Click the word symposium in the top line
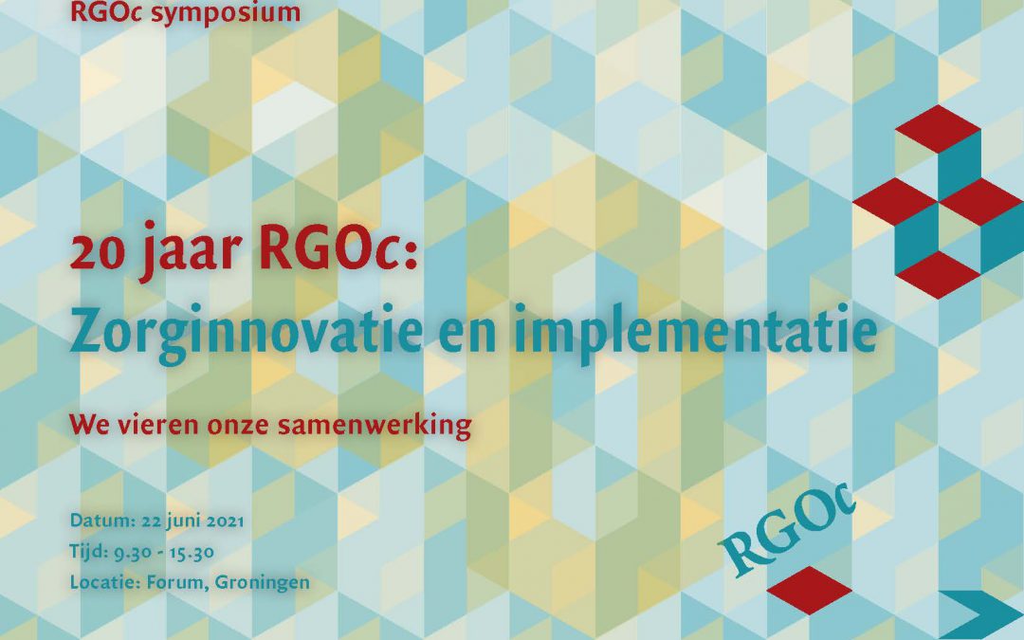226,13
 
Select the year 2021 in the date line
226,521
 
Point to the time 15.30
192,553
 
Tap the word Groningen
263,582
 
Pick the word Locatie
105,582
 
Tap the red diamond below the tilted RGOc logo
809,591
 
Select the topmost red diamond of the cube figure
938,129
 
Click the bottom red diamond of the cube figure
938,275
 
